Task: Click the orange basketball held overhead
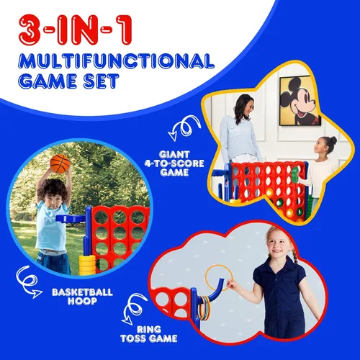click(60, 163)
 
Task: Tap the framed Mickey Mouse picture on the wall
click(300, 101)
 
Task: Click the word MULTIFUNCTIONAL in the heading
click(116, 61)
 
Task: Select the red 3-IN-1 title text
click(75, 30)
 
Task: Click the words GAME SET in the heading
click(68, 81)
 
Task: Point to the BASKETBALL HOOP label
click(82, 297)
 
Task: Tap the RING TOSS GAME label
click(149, 334)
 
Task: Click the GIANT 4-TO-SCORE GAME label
click(174, 163)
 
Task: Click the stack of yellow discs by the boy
click(87, 265)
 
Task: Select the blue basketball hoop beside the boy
click(71, 218)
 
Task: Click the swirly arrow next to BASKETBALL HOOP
click(28, 282)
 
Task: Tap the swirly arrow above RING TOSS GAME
click(134, 309)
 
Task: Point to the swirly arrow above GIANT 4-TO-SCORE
click(184, 128)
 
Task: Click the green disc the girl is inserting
click(295, 174)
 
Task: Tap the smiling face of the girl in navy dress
click(279, 245)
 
